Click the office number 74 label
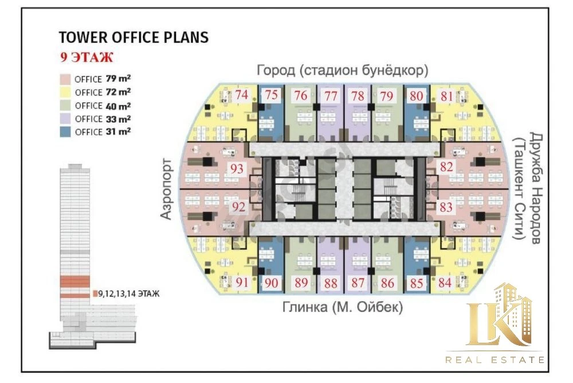tap(242, 95)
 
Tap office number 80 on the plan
tap(416, 96)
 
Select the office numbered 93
tap(237, 169)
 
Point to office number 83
tap(446, 207)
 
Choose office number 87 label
tap(358, 283)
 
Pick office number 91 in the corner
tap(242, 283)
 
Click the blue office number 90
tap(271, 283)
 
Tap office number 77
tap(331, 96)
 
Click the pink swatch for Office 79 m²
tap(65, 79)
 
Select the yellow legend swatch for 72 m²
tap(65, 92)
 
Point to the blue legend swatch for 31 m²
tap(65, 132)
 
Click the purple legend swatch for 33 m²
tap(65, 119)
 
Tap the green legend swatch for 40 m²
tap(65, 106)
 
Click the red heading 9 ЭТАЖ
tap(87, 57)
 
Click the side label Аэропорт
tap(166, 188)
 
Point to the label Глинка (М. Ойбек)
tap(343, 307)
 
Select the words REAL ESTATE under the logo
tap(495, 360)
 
